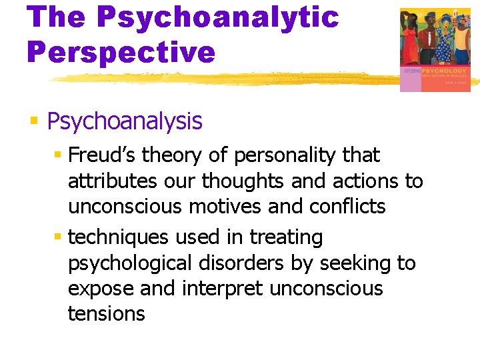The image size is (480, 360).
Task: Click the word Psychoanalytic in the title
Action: (x=217, y=18)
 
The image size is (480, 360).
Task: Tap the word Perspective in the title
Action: (x=121, y=52)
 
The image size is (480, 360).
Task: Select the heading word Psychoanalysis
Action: (x=125, y=122)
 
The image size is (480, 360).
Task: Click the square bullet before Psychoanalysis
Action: (x=35, y=121)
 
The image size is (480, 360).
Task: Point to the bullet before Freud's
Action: (x=58, y=155)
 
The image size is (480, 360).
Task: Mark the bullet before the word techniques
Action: (x=58, y=237)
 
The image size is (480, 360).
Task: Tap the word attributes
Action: (x=111, y=181)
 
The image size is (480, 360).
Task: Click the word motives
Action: (x=227, y=207)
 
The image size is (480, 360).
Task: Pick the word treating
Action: (x=286, y=237)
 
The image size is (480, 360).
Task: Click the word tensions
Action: (x=106, y=314)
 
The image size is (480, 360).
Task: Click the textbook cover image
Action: (x=435, y=50)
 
